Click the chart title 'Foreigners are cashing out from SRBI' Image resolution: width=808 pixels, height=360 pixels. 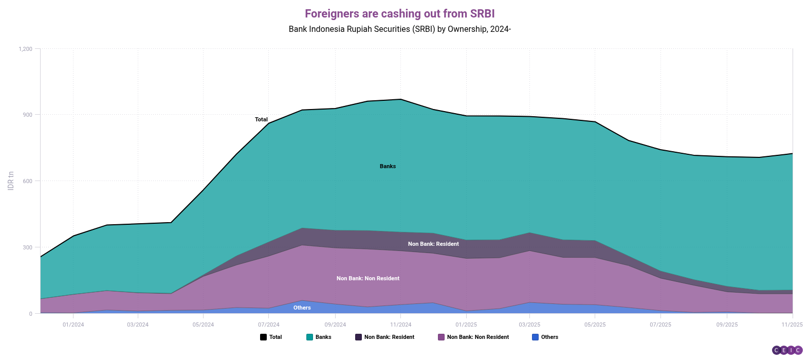coord(399,14)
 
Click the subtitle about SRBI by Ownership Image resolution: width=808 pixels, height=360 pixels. coord(399,29)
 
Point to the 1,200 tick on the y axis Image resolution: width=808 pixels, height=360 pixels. coord(25,49)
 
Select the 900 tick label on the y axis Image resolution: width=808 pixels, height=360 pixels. coord(27,115)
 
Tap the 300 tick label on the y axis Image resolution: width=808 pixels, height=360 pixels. coord(27,248)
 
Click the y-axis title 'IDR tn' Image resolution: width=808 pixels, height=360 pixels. coord(11,181)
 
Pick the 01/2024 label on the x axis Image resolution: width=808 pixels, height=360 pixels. coord(74,325)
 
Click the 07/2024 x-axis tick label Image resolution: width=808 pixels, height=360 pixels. coord(269,325)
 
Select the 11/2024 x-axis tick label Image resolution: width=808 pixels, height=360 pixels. coord(401,325)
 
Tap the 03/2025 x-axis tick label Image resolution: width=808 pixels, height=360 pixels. coord(529,325)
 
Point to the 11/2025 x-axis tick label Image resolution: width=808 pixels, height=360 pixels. coord(792,325)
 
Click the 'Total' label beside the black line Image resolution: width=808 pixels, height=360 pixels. coord(261,120)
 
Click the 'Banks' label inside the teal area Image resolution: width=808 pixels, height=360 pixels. coord(388,167)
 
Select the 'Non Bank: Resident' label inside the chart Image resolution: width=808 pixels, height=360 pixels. coord(433,244)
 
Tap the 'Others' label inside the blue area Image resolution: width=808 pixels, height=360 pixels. coord(302,308)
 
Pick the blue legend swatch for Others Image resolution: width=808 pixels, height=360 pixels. coord(535,337)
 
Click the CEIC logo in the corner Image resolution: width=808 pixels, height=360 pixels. coord(787,351)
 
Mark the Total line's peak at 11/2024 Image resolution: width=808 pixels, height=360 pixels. coord(401,99)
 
